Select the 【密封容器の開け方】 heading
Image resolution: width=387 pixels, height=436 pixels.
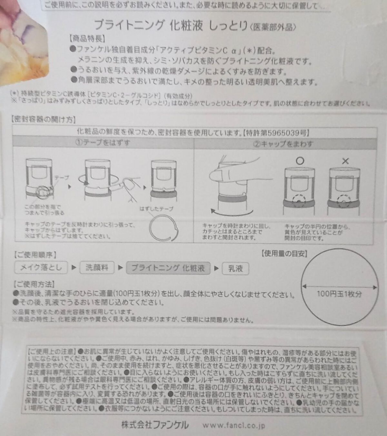tap(44, 120)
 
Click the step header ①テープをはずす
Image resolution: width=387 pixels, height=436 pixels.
tap(103, 143)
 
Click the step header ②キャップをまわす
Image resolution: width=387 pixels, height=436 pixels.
tap(283, 144)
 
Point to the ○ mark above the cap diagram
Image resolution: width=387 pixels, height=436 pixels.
tap(300, 161)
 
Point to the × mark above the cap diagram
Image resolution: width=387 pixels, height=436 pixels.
tap(345, 161)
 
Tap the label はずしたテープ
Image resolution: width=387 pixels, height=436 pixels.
tap(156, 209)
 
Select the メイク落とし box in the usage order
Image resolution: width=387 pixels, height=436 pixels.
tap(41, 267)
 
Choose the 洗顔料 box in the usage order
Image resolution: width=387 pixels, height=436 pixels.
tap(96, 267)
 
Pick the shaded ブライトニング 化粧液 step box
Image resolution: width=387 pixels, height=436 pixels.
tap(168, 268)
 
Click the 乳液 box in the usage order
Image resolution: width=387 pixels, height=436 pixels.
tap(235, 268)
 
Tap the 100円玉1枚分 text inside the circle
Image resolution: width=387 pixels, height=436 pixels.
tap(339, 294)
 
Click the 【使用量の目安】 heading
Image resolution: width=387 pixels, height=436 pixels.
tap(284, 253)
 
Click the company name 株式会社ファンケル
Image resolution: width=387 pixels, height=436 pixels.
tap(155, 424)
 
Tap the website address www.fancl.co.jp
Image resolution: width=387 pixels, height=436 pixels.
tap(233, 425)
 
